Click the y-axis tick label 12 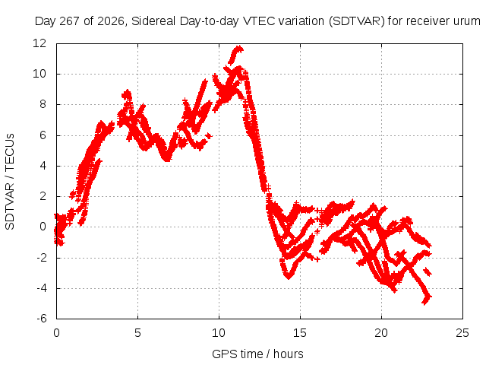coord(39,43)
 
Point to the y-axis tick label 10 coord(39,74)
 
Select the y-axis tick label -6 coord(42,319)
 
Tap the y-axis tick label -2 coord(42,257)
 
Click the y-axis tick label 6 coord(43,135)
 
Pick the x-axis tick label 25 coord(462,333)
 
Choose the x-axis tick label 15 coord(300,333)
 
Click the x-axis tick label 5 coord(137,333)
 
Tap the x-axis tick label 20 coord(381,333)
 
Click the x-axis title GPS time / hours coord(257,354)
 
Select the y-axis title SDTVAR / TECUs coord(10,182)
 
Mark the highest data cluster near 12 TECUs coord(236,53)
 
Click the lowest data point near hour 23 coord(425,303)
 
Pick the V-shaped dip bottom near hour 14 coord(289,277)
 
